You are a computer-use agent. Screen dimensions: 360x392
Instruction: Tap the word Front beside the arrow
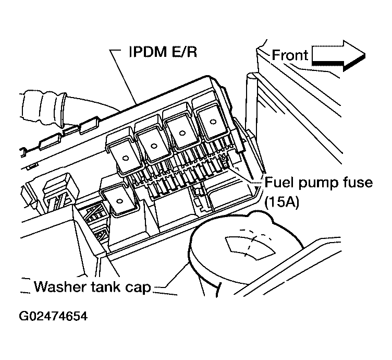(x=290, y=55)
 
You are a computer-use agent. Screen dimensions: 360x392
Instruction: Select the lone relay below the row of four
(x=119, y=201)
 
